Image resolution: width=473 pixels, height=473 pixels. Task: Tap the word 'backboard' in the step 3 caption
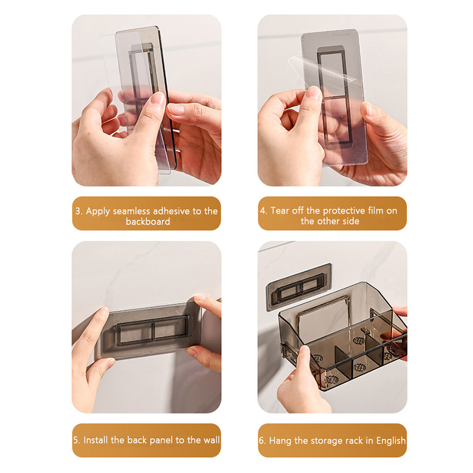click(x=148, y=221)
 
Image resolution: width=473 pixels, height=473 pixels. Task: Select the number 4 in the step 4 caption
click(x=263, y=210)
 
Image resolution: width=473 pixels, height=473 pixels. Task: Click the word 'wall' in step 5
click(x=212, y=440)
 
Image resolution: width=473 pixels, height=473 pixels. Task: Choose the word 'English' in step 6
click(x=391, y=440)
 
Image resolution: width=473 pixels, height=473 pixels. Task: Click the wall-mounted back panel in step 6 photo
click(x=299, y=287)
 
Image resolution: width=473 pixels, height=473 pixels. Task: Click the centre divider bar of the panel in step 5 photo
click(x=154, y=331)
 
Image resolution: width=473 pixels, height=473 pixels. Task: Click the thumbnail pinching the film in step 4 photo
click(x=315, y=93)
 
